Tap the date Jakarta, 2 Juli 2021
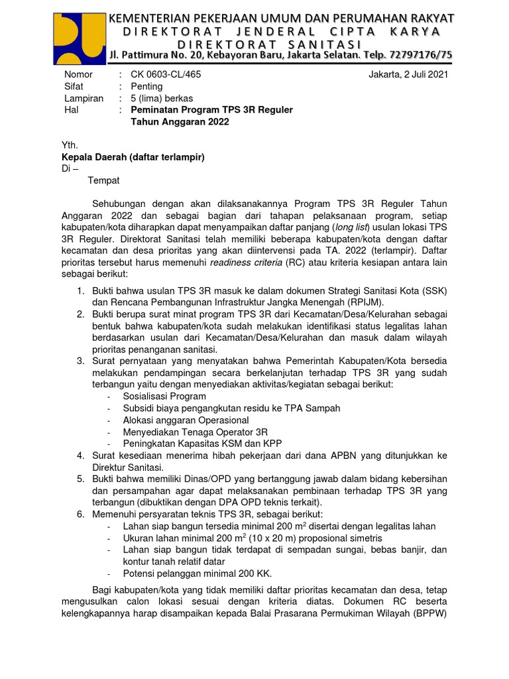click(408, 74)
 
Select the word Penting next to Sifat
click(146, 86)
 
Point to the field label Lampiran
click(84, 98)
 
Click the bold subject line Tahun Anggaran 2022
click(180, 122)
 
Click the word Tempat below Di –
click(104, 180)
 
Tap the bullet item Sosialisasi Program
click(164, 397)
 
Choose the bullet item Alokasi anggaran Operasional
click(186, 420)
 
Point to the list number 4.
click(80, 456)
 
